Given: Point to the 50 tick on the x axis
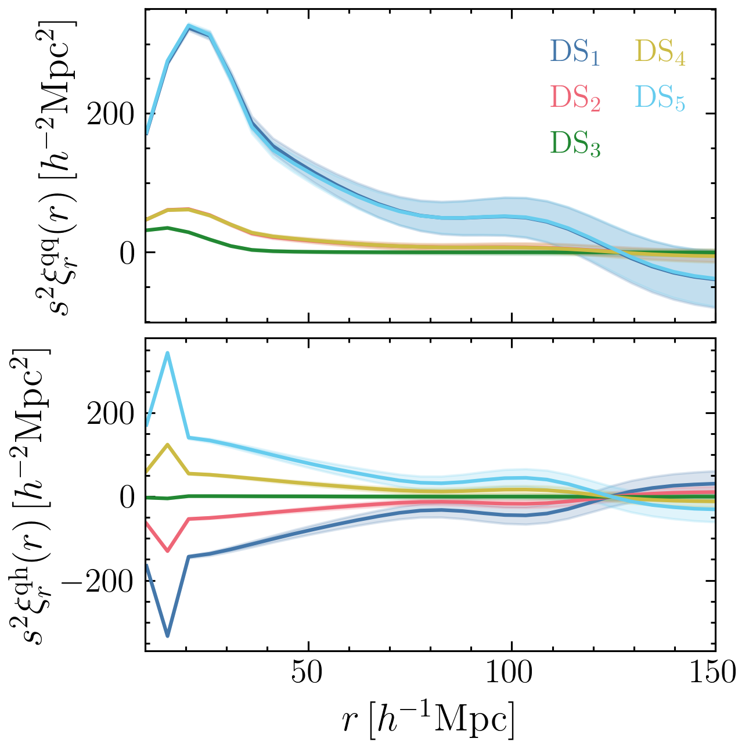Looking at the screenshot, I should click(x=308, y=672).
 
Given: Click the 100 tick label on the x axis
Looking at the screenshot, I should click(x=512, y=672).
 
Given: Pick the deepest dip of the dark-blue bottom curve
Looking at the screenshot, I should click(x=168, y=636).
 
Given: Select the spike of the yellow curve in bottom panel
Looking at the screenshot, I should click(x=168, y=445).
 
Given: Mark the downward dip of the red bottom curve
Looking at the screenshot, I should click(x=168, y=550).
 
